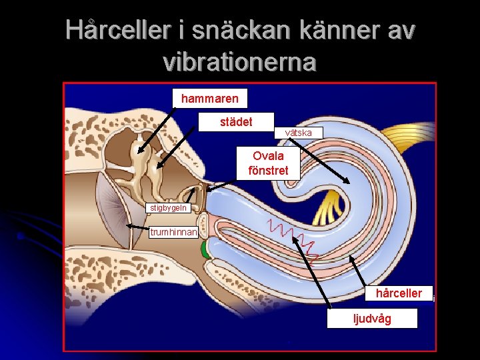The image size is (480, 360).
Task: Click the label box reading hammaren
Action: [209, 99]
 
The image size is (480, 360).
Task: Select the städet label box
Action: [236, 122]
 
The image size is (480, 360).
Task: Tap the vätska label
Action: [298, 133]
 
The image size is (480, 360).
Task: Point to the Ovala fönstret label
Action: [268, 163]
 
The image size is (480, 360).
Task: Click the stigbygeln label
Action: [169, 208]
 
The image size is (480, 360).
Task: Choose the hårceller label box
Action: [399, 293]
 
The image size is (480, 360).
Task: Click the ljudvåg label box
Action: [372, 319]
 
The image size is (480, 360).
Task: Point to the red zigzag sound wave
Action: [293, 237]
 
